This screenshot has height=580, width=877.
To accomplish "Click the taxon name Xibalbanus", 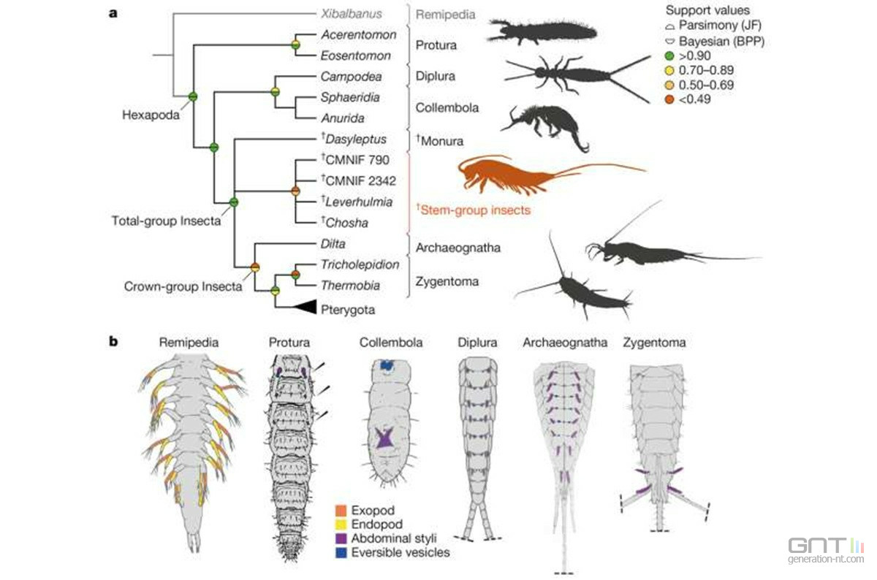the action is [x=352, y=14].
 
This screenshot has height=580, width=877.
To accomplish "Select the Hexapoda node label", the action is [x=151, y=115].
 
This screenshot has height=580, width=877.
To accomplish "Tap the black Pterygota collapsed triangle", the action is [x=305, y=307].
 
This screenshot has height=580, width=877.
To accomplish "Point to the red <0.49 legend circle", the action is [x=669, y=99].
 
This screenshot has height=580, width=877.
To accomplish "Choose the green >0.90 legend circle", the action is [x=669, y=56].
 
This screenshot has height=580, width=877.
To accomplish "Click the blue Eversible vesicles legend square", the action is [x=341, y=552].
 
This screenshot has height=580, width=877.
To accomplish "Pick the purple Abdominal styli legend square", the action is [x=341, y=538].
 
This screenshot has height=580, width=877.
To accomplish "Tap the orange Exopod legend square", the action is [x=341, y=511].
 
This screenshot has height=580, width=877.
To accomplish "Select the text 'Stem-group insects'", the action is [x=475, y=210].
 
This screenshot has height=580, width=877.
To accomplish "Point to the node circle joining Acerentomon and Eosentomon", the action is [x=296, y=45].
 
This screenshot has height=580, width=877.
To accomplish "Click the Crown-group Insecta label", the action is [x=183, y=286].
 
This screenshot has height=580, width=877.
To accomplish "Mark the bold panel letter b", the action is [x=113, y=342].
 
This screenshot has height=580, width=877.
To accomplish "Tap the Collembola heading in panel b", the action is [x=391, y=343].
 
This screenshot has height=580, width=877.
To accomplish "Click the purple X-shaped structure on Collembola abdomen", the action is [x=384, y=437].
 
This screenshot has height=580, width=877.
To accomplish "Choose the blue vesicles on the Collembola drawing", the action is [x=387, y=365].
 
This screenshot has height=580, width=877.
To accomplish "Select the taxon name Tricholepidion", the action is [x=360, y=265].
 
